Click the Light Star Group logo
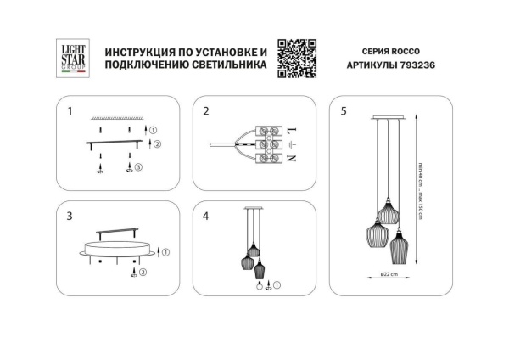(x=74, y=60)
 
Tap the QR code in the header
(x=296, y=59)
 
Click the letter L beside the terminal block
(x=292, y=131)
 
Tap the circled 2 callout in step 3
(x=143, y=273)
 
